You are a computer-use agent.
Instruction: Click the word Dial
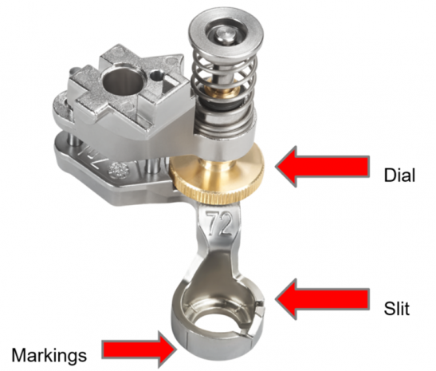tap(399, 175)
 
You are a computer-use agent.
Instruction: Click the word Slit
tap(397, 308)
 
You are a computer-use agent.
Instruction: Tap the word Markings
tap(49, 355)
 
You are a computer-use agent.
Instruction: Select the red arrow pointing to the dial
tap(323, 167)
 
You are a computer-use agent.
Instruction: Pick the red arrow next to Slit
tap(323, 299)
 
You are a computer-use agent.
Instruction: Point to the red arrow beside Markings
tap(139, 349)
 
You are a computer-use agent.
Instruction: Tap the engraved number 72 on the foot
tap(220, 223)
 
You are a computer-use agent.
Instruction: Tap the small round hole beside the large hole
tap(155, 75)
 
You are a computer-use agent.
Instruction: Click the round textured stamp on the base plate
tap(120, 169)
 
